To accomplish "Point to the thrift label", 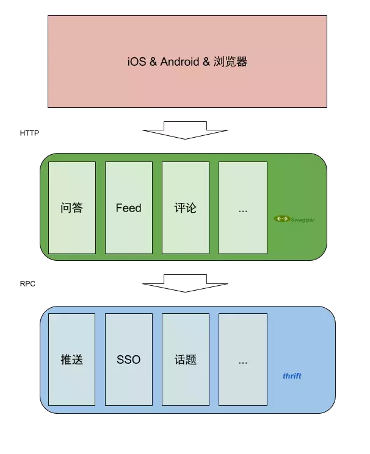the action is point(292,376).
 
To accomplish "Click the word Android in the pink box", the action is point(181,62).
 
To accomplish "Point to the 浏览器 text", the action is point(230,62).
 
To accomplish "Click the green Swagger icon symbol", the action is point(281,219).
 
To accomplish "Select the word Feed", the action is point(128,208).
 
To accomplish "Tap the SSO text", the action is point(128,360).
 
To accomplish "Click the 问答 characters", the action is point(72,208).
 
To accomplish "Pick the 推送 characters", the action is point(72,360).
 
